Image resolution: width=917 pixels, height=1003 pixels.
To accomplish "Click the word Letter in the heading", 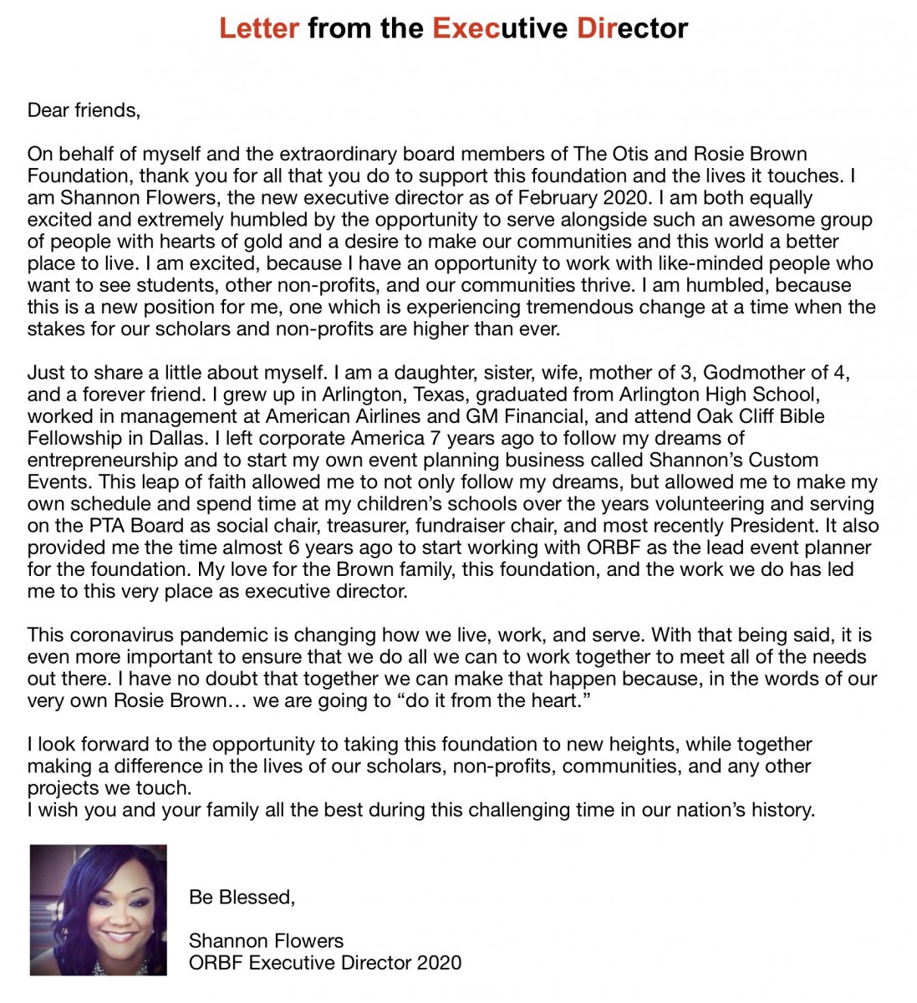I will pos(259,28).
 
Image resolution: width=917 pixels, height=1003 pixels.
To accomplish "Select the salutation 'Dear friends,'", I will pos(84,110).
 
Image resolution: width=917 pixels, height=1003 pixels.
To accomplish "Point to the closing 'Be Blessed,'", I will pos(242,898).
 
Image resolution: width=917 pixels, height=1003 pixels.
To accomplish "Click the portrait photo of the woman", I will pos(98,909).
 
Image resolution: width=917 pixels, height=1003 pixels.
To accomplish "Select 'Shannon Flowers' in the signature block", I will pos(266,941).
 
